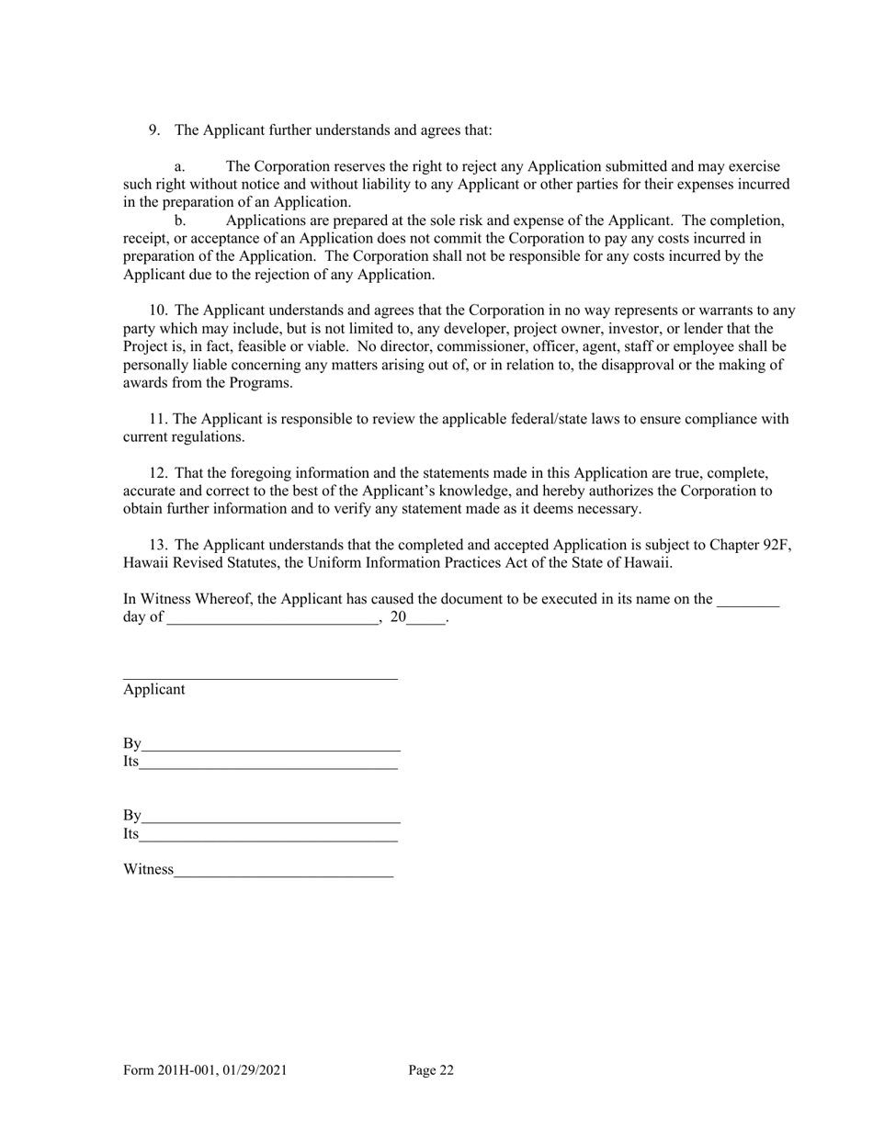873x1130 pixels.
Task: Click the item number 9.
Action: click(154, 130)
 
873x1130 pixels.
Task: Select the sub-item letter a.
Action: click(179, 167)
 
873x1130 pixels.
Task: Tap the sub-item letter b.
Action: click(180, 220)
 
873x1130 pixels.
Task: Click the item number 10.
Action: click(158, 311)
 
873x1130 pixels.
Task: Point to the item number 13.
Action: click(158, 545)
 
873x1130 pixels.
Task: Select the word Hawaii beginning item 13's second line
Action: click(144, 562)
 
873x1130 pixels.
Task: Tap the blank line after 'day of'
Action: click(272, 618)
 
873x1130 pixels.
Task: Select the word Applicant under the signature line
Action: click(154, 689)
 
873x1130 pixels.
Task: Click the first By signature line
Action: click(271, 744)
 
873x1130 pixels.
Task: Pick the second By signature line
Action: click(271, 816)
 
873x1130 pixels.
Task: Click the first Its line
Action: click(268, 763)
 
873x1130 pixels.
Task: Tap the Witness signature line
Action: click(283, 870)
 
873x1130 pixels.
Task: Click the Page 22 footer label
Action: click(431, 1070)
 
